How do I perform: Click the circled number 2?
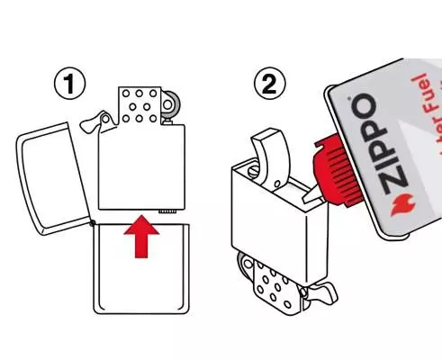[269, 86]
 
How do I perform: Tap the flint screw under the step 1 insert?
[166, 211]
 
